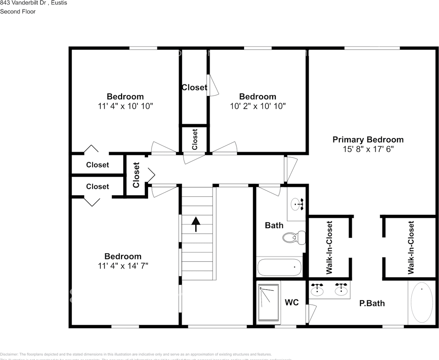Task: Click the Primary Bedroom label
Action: coord(368,139)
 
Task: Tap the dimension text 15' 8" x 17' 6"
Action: coord(368,149)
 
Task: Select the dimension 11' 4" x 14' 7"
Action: coord(123,266)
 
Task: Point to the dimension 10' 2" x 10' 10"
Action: coord(258,106)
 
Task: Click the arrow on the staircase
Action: coord(196,224)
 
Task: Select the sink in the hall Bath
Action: coord(298,205)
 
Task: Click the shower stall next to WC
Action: coord(269,302)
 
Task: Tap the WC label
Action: coord(292,302)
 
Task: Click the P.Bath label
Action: coord(372,303)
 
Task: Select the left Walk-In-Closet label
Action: coord(329,247)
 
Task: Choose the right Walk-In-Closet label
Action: coord(411,247)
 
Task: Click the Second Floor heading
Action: coord(18,12)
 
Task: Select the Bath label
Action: coord(274,225)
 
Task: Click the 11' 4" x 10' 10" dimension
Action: coord(125,106)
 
